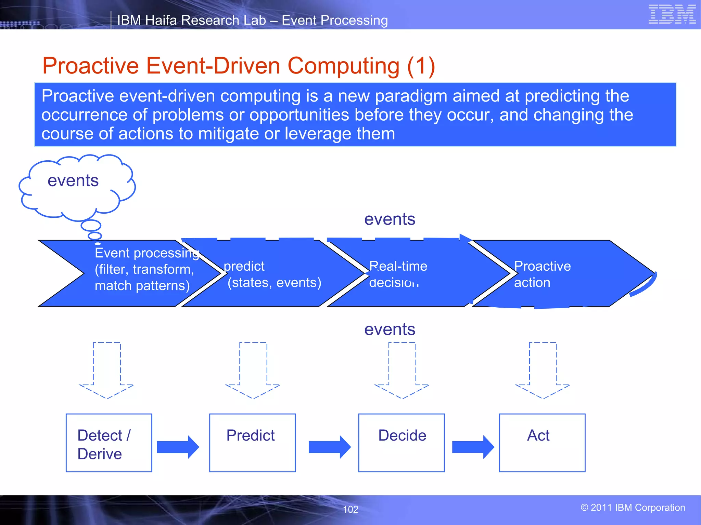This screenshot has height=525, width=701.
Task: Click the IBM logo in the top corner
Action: point(672,14)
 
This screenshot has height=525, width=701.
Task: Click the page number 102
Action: point(350,509)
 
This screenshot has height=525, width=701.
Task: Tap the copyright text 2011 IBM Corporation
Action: point(633,508)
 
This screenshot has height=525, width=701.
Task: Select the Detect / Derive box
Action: point(109,443)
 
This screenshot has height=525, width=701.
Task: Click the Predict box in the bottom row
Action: point(252,443)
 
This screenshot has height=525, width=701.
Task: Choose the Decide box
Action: point(402,443)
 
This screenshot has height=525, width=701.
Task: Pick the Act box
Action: point(542,443)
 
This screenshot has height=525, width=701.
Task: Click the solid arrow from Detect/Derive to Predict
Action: point(178,447)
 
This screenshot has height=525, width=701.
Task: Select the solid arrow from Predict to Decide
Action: point(329,447)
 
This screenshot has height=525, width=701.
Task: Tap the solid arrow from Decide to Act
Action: point(473,447)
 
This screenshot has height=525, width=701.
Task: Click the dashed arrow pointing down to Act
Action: point(543,371)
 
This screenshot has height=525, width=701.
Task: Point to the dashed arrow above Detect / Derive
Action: point(106,371)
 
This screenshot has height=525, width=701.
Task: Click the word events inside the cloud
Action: point(73,180)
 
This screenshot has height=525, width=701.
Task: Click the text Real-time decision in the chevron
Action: point(398,274)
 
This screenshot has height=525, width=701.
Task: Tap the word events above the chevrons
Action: point(390,219)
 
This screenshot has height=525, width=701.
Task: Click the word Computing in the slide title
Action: point(343,66)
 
